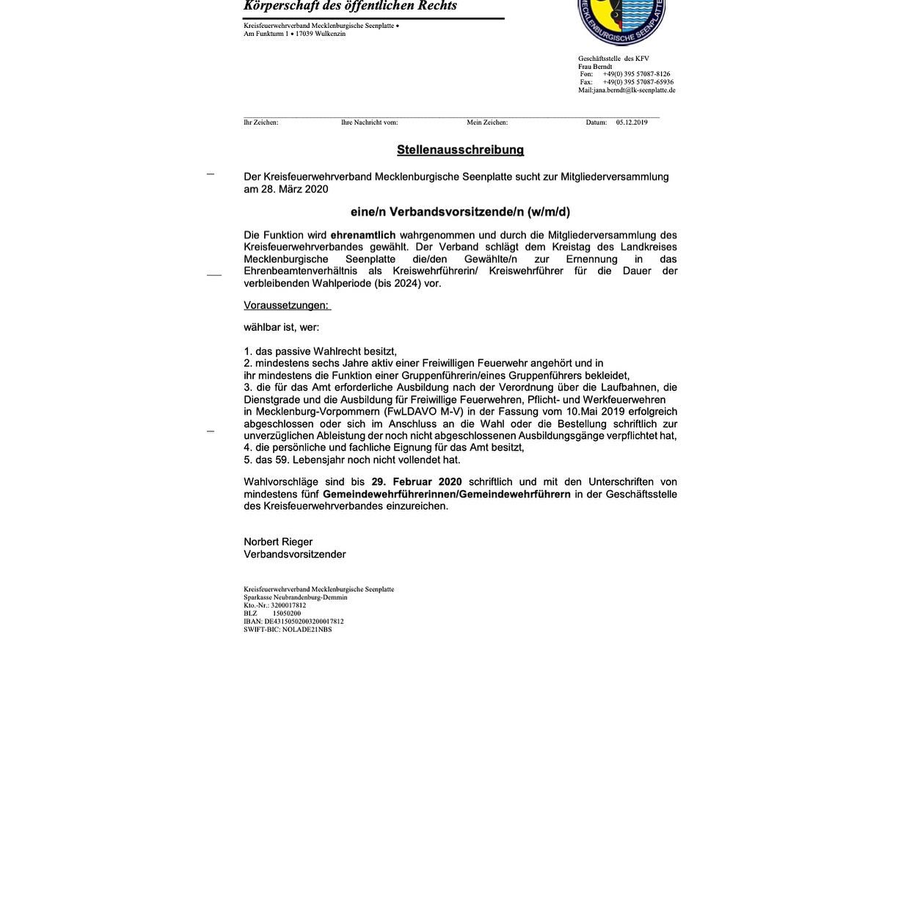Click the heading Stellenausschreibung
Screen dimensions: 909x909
tap(460, 150)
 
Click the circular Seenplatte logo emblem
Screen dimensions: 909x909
tap(621, 18)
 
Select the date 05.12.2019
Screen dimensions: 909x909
tap(632, 123)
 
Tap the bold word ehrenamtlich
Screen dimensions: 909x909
tap(362, 235)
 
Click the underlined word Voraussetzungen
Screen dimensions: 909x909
tap(286, 305)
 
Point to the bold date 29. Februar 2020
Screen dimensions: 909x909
tap(417, 482)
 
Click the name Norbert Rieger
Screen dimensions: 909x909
tap(278, 542)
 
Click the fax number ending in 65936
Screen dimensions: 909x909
tap(638, 82)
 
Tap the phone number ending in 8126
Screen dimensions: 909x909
tap(636, 74)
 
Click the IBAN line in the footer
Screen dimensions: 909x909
tap(293, 621)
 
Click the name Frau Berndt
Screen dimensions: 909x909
tap(595, 67)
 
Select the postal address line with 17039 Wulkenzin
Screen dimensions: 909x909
tap(294, 34)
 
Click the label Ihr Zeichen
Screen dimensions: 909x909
tap(260, 123)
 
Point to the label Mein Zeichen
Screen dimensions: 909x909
tap(487, 123)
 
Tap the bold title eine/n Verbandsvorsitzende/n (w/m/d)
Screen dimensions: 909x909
tap(460, 212)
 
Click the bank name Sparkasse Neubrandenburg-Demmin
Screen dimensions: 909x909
tap(296, 597)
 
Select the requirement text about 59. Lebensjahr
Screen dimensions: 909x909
tap(352, 460)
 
